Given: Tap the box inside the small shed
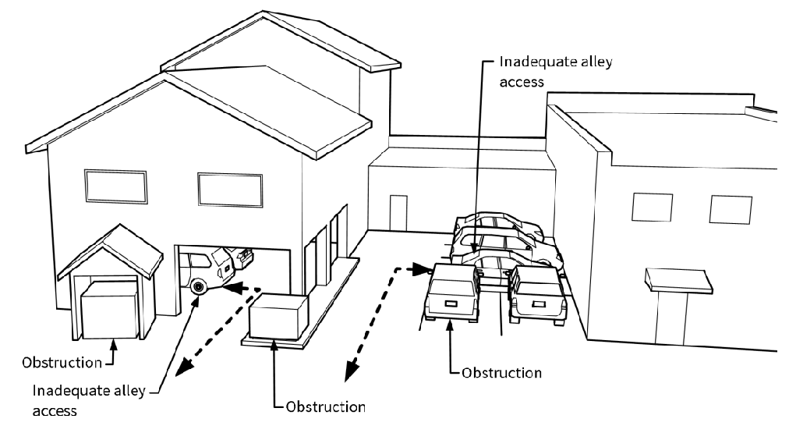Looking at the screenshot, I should [x=109, y=310].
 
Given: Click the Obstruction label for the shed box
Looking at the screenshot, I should [x=62, y=363].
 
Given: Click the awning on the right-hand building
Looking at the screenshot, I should [x=676, y=279].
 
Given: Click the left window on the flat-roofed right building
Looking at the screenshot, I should [x=647, y=208].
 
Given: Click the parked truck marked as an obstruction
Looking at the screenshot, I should [x=452, y=296].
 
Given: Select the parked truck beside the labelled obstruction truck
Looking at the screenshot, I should [x=535, y=298].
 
